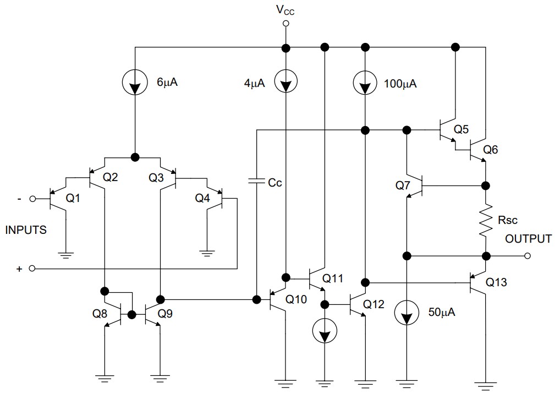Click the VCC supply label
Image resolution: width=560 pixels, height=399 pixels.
point(286,9)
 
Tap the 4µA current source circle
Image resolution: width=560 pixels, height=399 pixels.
point(286,84)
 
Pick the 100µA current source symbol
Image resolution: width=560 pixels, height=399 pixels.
point(364,84)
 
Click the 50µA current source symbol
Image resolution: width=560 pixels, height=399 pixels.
point(406,314)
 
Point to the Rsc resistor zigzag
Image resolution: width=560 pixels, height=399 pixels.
point(486,220)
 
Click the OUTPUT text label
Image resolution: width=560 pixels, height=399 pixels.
point(528,239)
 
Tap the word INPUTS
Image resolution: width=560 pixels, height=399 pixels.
point(26,230)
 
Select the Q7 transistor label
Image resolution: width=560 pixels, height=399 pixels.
point(404,186)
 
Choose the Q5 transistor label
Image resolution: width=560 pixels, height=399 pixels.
point(462,130)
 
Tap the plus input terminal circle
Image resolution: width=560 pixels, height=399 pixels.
point(32,269)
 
